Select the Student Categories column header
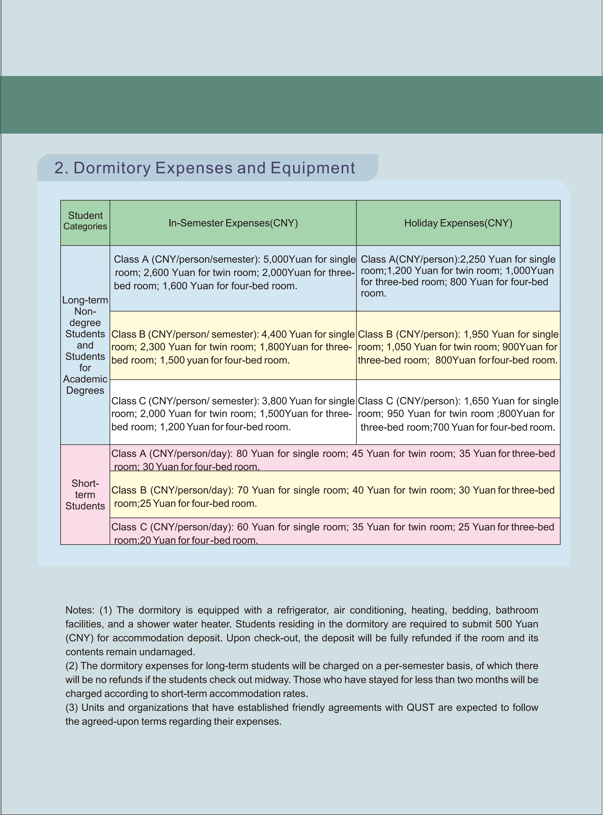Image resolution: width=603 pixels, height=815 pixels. pos(85,221)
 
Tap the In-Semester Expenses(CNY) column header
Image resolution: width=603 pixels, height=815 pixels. pos(233,223)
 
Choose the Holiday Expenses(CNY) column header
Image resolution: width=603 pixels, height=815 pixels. pos(458,223)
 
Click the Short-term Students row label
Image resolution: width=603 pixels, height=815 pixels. pos(85,495)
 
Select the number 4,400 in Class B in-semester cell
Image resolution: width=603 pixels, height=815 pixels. pos(274,334)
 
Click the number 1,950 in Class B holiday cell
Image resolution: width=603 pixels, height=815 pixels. pos(476,334)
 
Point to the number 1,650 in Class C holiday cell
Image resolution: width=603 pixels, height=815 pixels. pos(476,401)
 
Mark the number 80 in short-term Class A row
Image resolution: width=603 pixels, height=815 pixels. pos(242,454)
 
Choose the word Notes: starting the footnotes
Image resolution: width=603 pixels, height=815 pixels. pos(80,610)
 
